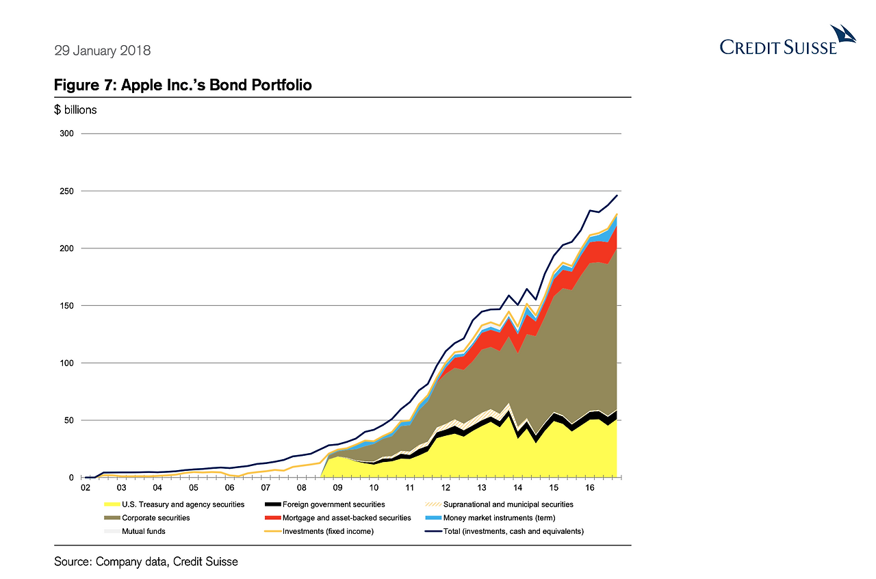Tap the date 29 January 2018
coord(102,51)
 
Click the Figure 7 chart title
coord(183,86)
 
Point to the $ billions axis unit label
coord(75,109)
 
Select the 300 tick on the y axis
coord(67,133)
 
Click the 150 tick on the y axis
coord(67,305)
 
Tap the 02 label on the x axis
coord(86,488)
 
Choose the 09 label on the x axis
coord(337,488)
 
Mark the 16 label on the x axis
coord(589,488)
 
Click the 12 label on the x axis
coord(446,488)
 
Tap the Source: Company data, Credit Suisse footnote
coord(146,562)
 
